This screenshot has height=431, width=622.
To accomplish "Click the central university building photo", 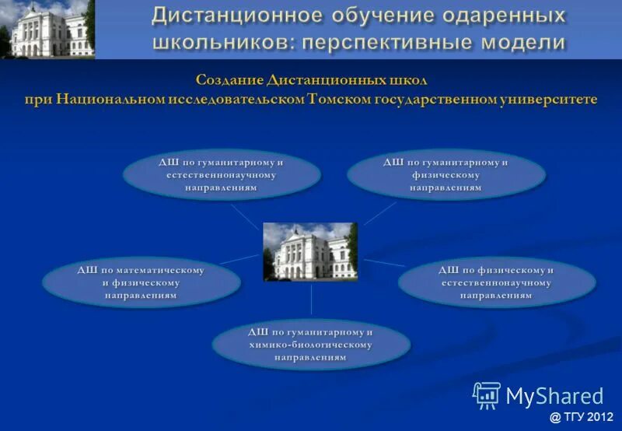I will click(310, 252).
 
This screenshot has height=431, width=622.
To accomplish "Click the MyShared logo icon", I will click(487, 395).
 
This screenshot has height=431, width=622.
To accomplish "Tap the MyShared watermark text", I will click(554, 396).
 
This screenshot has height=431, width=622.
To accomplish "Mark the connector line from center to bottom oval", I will click(311, 300).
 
